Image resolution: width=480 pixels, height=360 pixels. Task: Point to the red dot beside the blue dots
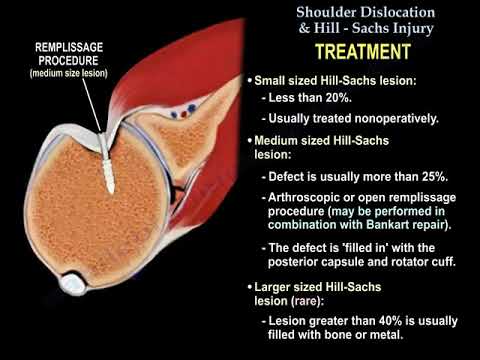coord(175,112)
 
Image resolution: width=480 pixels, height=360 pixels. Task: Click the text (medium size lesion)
coord(69,73)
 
